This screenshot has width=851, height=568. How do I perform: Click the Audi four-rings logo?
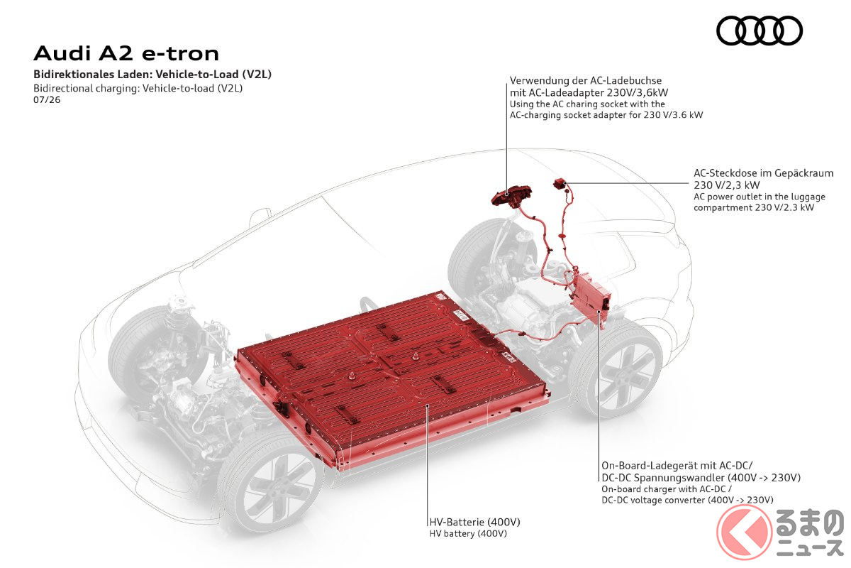(x=759, y=31)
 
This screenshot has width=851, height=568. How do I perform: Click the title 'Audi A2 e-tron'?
(x=126, y=53)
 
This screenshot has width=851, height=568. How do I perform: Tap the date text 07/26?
(x=47, y=99)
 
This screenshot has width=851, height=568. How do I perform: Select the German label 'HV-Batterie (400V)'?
(x=474, y=522)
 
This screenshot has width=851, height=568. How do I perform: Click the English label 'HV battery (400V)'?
(x=468, y=533)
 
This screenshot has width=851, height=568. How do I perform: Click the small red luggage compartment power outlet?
(x=560, y=183)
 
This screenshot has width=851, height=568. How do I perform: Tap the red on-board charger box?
(x=590, y=300)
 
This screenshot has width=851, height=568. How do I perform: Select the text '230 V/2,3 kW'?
(x=726, y=185)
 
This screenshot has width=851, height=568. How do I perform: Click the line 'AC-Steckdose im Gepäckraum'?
(x=763, y=173)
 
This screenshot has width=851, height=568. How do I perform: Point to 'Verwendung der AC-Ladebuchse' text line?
(x=586, y=81)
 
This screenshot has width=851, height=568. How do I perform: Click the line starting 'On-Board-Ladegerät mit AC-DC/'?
(x=677, y=466)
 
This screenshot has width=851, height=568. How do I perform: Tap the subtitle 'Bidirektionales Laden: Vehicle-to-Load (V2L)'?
(x=152, y=74)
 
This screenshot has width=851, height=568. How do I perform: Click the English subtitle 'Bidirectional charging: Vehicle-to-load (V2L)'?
(x=138, y=88)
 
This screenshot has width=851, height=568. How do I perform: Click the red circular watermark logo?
(x=744, y=532)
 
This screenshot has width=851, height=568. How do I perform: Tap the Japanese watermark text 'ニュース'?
(x=810, y=549)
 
